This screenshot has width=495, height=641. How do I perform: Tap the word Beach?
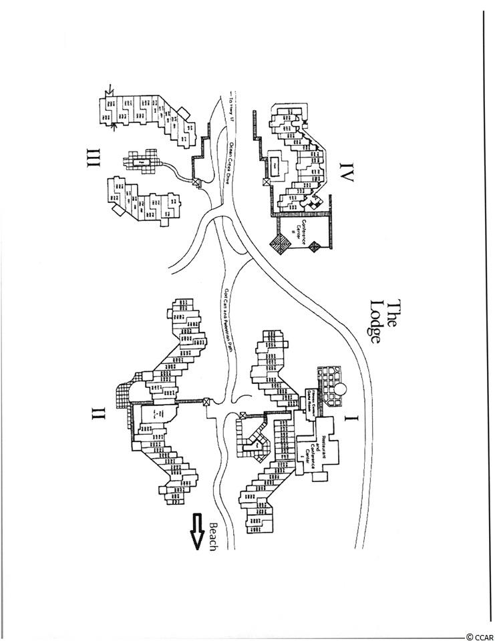[x=214, y=531]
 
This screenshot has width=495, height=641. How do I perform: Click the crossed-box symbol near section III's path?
[x=196, y=182]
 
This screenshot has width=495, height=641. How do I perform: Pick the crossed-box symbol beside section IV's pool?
[x=266, y=180]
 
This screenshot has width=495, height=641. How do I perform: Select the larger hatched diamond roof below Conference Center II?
[x=281, y=243]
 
